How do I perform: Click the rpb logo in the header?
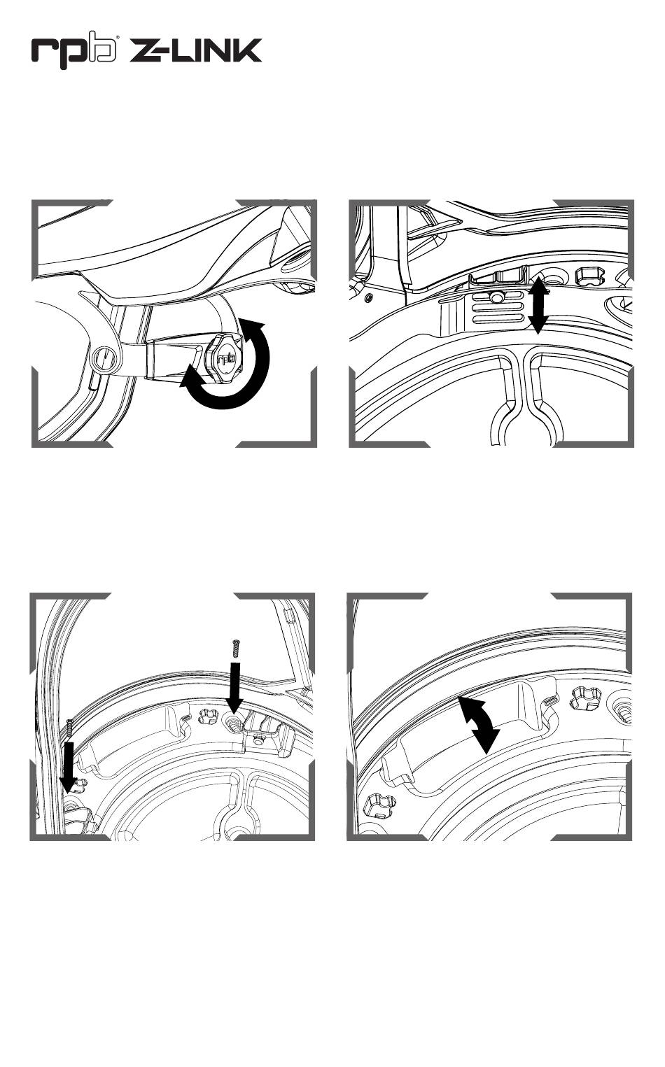coord(74,50)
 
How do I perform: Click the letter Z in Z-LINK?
coord(146,51)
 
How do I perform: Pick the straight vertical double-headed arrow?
coord(538,306)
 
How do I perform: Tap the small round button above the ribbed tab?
coord(497,297)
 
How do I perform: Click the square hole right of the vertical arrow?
coord(587,276)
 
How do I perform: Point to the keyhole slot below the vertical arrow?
coord(527,400)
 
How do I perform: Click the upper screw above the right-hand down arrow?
coord(235,649)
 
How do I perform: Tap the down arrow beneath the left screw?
coord(68,768)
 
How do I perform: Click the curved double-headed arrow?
coord(479,725)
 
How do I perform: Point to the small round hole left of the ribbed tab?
coord(368,299)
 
